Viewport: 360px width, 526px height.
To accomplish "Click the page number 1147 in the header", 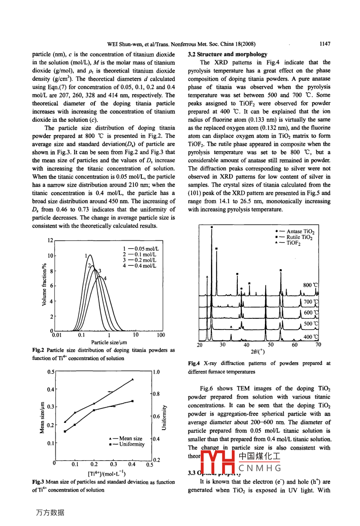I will [x=325, y=44].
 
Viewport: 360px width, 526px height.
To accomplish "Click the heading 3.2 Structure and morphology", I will [x=227, y=54].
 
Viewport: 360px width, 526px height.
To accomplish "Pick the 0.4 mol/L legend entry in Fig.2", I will [x=139, y=266].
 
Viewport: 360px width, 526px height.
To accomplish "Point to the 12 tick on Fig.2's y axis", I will [x=50, y=240].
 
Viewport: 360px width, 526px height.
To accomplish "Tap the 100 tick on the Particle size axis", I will [x=160, y=335].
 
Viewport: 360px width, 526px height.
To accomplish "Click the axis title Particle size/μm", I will [x=109, y=342].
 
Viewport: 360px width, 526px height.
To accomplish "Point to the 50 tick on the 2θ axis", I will [x=271, y=345].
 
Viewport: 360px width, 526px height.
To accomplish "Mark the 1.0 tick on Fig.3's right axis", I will [x=156, y=372].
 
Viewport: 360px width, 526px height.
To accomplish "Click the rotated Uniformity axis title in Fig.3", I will [x=164, y=417].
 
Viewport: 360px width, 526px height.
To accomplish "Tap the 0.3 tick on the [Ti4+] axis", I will [x=113, y=464].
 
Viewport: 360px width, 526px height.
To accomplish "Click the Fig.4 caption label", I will [x=194, y=363].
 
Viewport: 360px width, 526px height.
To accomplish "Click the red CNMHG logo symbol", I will [x=217, y=462].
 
